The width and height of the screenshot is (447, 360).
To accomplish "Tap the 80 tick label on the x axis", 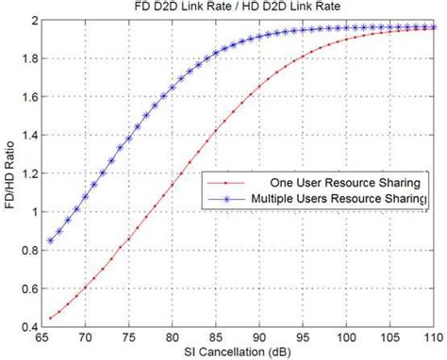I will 173,336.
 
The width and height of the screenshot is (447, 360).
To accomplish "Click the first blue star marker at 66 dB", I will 50,240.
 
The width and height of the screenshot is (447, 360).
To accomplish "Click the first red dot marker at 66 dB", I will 50,319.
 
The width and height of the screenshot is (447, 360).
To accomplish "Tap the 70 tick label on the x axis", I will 85,336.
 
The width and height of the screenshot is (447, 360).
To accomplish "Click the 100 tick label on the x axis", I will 347,336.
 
